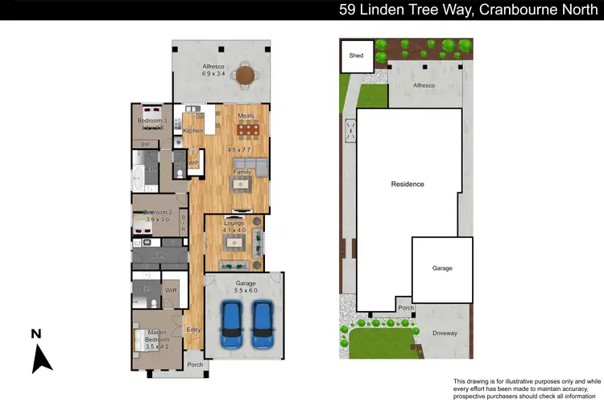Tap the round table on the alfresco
click(244, 77)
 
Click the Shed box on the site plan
click(356, 56)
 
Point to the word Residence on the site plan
click(407, 184)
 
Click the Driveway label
click(445, 333)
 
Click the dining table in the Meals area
click(246, 130)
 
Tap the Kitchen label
click(192, 131)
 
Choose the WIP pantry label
click(193, 163)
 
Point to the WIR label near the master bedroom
click(171, 289)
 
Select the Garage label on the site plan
click(442, 268)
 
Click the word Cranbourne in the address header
click(515, 10)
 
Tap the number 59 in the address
click(349, 10)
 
